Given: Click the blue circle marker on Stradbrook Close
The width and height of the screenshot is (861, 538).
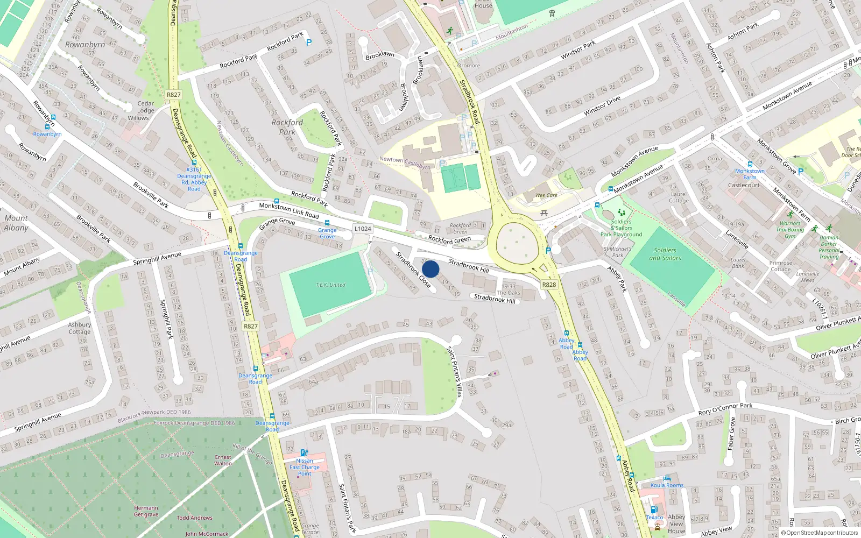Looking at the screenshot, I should point(430,269).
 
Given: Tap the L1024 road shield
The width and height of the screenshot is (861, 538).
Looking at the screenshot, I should point(363,229).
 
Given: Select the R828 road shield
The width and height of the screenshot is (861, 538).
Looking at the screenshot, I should point(549,285).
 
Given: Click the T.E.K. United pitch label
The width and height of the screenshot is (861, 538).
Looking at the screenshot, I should point(330,285).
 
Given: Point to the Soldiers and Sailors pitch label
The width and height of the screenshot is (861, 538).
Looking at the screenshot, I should point(665,254).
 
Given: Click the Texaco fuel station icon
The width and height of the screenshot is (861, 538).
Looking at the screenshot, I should point(653,509).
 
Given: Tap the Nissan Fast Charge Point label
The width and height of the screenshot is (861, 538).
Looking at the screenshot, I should point(305,467).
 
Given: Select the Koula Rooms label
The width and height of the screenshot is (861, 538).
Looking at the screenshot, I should point(667,485).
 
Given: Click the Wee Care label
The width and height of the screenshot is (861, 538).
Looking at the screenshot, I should point(546,195).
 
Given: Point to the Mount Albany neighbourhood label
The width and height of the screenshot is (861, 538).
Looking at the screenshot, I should point(16,223).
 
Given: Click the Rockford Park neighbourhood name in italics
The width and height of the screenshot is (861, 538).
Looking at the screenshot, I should point(287,127).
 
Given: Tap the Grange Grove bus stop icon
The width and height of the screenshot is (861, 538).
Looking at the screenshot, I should point(327,223).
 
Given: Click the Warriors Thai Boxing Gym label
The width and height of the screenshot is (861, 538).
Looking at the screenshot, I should point(790,230).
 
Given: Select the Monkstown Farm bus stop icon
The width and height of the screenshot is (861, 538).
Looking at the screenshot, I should point(750,164).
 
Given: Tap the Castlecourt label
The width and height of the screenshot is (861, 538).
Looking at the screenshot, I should point(744,185).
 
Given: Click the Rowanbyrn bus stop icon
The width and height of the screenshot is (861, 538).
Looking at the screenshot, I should point(47,127).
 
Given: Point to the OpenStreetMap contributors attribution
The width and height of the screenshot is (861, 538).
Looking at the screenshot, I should point(819,533).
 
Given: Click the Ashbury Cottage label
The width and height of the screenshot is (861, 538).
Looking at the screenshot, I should point(80,328).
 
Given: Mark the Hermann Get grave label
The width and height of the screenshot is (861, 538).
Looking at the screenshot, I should point(146,511).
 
